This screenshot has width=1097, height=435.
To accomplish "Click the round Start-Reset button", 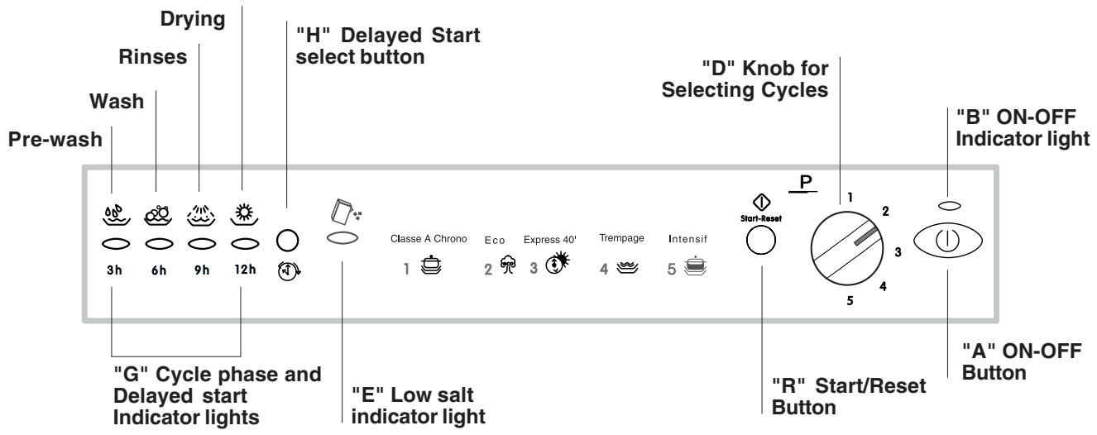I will [759, 241].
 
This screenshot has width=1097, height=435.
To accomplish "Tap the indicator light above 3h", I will [115, 245].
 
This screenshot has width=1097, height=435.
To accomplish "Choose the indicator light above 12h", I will [242, 245].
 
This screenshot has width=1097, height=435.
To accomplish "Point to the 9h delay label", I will [199, 270].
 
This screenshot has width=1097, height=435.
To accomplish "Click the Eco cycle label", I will [495, 240].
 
